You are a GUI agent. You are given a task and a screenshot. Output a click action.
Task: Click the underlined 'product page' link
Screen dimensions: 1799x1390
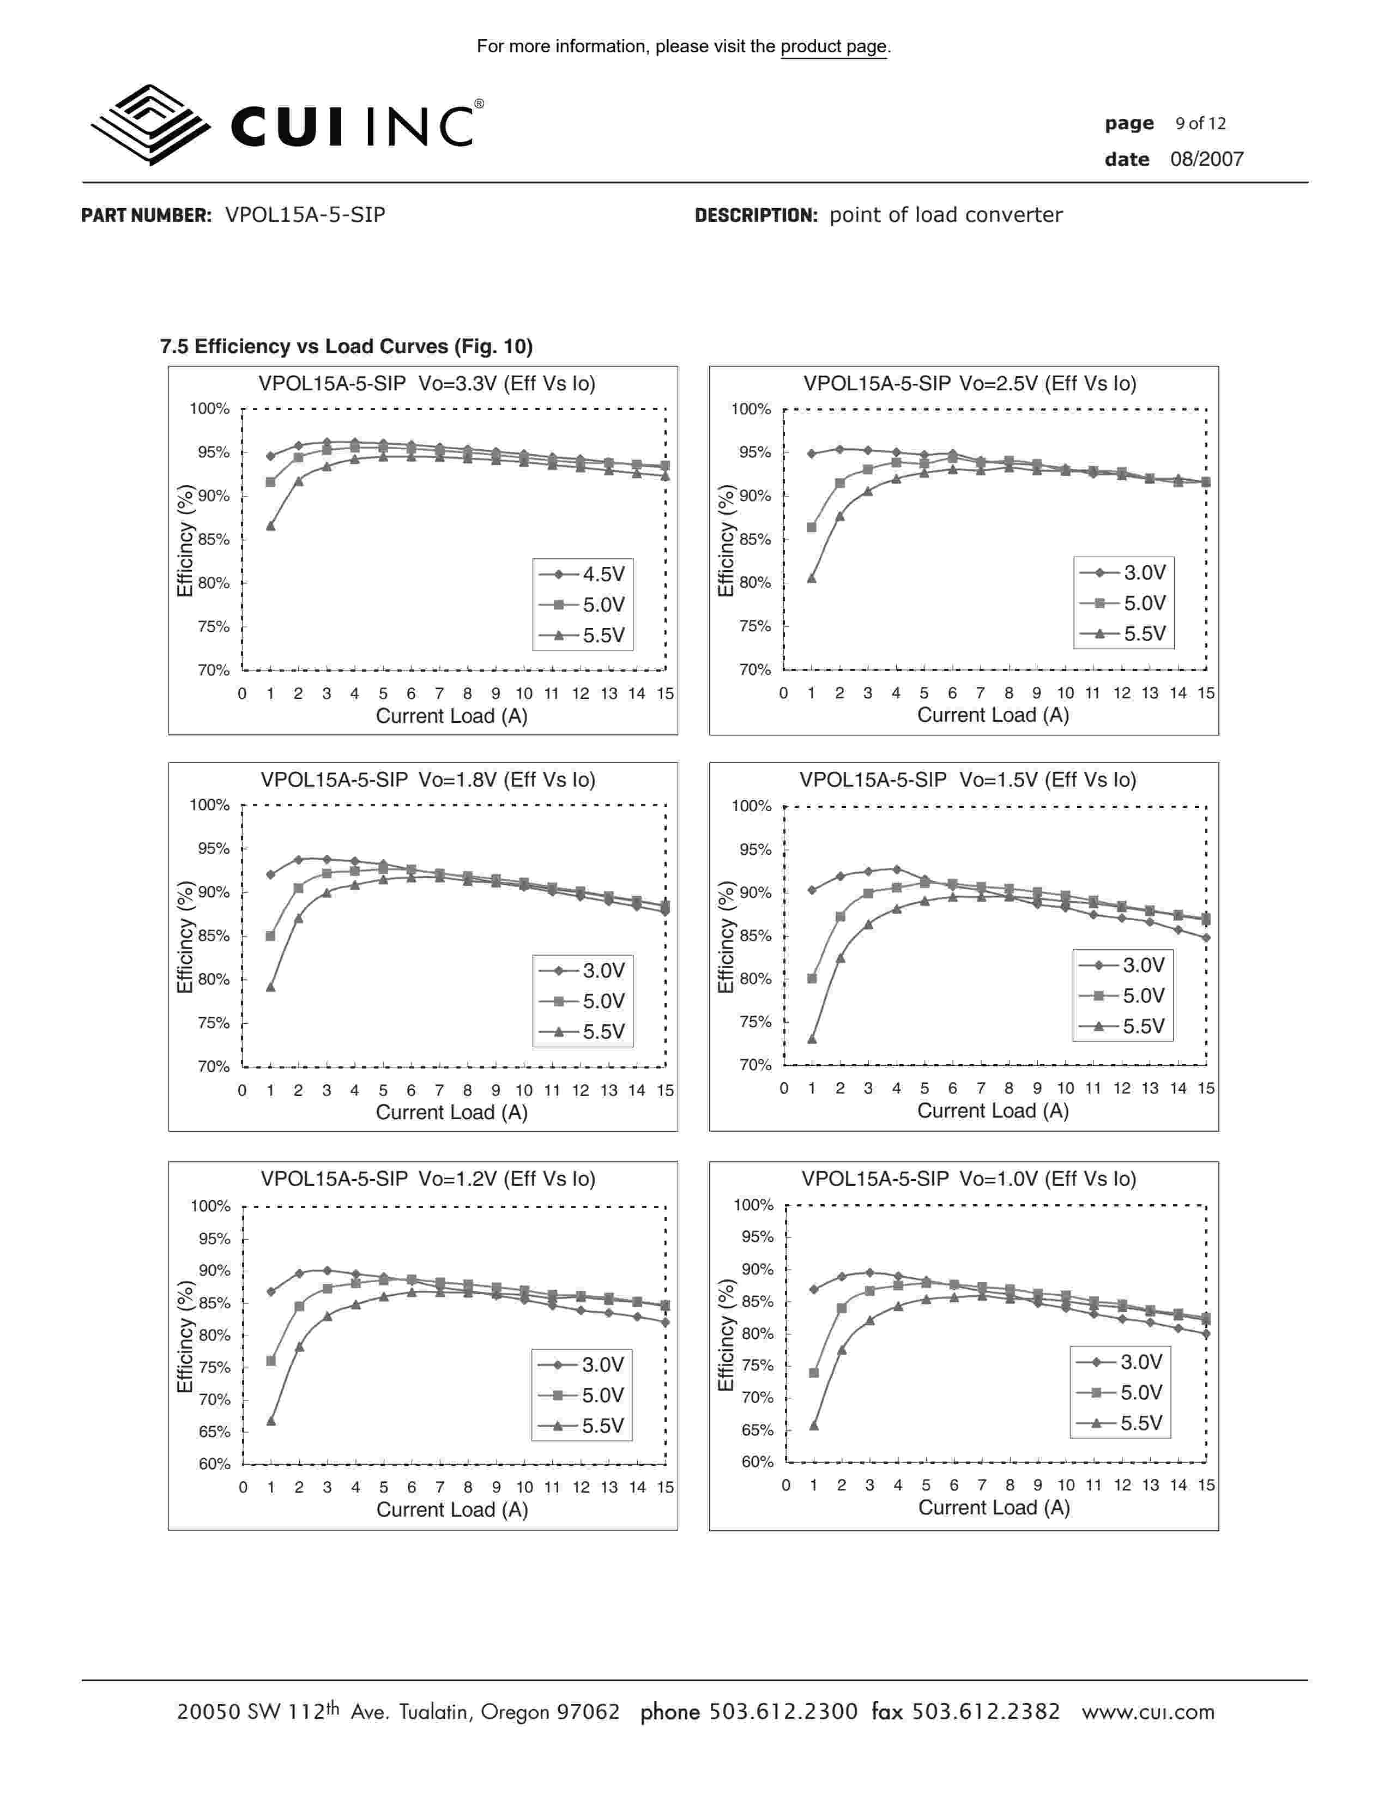click(833, 47)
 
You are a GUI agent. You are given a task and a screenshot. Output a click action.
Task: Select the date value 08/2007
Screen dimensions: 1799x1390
click(1206, 160)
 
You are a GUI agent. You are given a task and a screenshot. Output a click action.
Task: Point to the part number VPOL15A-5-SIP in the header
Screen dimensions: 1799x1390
click(305, 215)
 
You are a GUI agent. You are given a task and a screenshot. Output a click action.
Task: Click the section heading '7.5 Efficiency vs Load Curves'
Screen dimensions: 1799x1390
click(346, 347)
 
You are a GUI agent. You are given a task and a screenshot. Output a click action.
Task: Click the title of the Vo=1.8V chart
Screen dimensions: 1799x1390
click(427, 780)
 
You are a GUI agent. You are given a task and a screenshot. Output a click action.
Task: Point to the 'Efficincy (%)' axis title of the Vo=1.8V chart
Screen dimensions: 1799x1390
click(185, 937)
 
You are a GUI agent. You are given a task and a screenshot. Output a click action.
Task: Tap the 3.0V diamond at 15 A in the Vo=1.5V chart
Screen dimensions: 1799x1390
click(1206, 938)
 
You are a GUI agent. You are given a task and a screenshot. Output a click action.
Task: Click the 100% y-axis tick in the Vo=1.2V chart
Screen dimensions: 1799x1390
click(211, 1206)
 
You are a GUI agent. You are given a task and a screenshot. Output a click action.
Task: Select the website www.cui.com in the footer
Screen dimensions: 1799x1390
click(1148, 1712)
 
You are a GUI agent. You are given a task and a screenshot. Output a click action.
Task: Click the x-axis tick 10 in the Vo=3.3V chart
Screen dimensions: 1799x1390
click(524, 693)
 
